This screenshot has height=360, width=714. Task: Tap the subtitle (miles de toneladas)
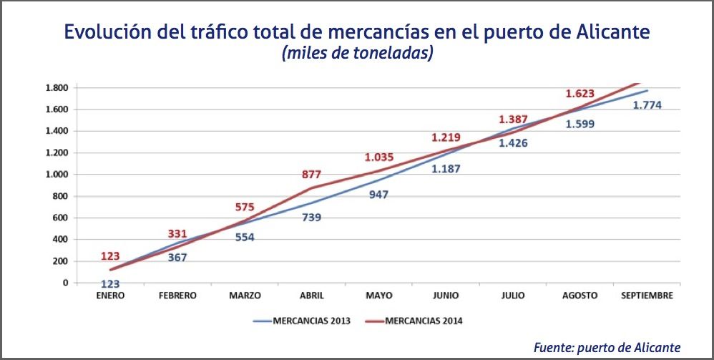coord(358,54)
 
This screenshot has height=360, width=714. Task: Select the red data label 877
coord(311,174)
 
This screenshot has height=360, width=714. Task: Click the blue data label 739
coord(311,217)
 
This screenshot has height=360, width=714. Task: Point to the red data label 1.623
coord(579,93)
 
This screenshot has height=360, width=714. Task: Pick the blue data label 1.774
coord(647,105)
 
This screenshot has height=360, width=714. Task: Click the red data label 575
coord(245,207)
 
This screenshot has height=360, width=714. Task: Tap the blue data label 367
coord(177,257)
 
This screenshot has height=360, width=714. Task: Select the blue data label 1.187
coord(445,169)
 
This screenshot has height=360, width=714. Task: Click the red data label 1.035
coord(378,156)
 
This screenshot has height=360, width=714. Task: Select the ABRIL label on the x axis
coord(311,295)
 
